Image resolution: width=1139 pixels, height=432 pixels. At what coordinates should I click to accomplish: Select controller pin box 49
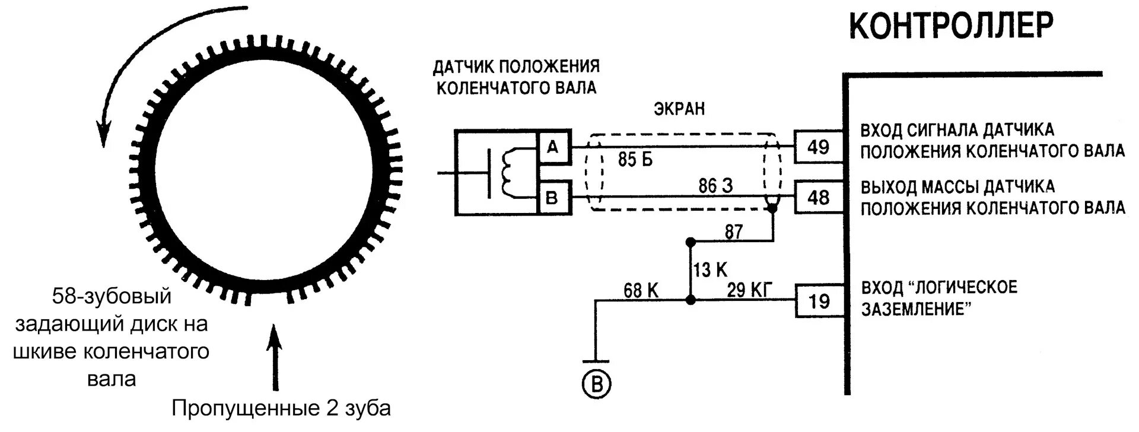(x=818, y=147)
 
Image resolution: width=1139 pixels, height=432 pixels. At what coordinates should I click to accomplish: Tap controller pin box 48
(x=818, y=197)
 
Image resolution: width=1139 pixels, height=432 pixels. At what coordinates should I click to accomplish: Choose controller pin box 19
(x=819, y=301)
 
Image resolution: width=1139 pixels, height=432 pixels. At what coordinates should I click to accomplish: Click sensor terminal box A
(x=553, y=147)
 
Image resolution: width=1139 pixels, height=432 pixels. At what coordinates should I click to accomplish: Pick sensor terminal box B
(x=553, y=197)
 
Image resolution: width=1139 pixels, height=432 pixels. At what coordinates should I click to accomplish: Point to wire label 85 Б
(x=635, y=160)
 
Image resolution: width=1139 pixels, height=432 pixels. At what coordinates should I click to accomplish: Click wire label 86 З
(x=715, y=186)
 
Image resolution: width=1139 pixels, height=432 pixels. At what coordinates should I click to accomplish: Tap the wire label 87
(x=734, y=231)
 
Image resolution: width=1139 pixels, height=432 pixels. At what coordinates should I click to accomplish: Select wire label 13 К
(x=710, y=270)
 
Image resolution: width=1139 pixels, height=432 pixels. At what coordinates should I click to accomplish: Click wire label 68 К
(x=641, y=290)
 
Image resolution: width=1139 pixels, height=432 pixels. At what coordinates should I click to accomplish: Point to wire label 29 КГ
(x=750, y=290)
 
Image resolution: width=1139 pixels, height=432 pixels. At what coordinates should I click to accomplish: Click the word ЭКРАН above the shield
(x=680, y=109)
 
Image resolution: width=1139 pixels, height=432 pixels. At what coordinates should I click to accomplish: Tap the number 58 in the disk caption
(x=63, y=296)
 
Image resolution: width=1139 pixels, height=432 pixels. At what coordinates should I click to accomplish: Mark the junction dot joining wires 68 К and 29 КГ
(x=690, y=301)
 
